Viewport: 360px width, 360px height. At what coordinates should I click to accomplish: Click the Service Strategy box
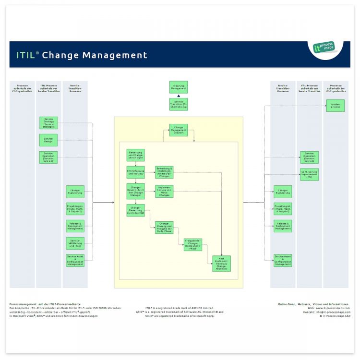coord(48,123)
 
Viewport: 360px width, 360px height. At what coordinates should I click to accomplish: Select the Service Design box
coord(48,140)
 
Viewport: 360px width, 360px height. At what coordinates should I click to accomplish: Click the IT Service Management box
coord(179,87)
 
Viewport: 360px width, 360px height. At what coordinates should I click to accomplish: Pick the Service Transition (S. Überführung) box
coord(179,104)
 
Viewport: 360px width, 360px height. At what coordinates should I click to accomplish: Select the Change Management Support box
coord(179,130)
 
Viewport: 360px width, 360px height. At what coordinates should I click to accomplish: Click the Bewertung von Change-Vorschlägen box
coord(135,155)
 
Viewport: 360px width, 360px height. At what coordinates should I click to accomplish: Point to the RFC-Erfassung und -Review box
coord(135,172)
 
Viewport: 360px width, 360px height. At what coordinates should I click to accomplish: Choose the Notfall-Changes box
coord(164,172)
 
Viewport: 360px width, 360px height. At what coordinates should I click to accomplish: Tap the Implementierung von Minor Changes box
coord(164,191)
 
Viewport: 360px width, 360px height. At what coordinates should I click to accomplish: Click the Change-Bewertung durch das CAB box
coord(135,210)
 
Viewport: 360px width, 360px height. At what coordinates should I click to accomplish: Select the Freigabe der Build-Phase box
coord(164,227)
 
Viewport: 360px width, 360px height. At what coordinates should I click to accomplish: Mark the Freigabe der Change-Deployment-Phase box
coord(193,244)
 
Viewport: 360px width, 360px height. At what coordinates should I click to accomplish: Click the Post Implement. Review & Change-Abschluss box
coord(221,264)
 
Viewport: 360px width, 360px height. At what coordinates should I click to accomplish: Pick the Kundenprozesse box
coord(336,106)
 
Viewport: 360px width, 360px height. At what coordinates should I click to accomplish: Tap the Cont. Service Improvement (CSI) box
coord(309,174)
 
